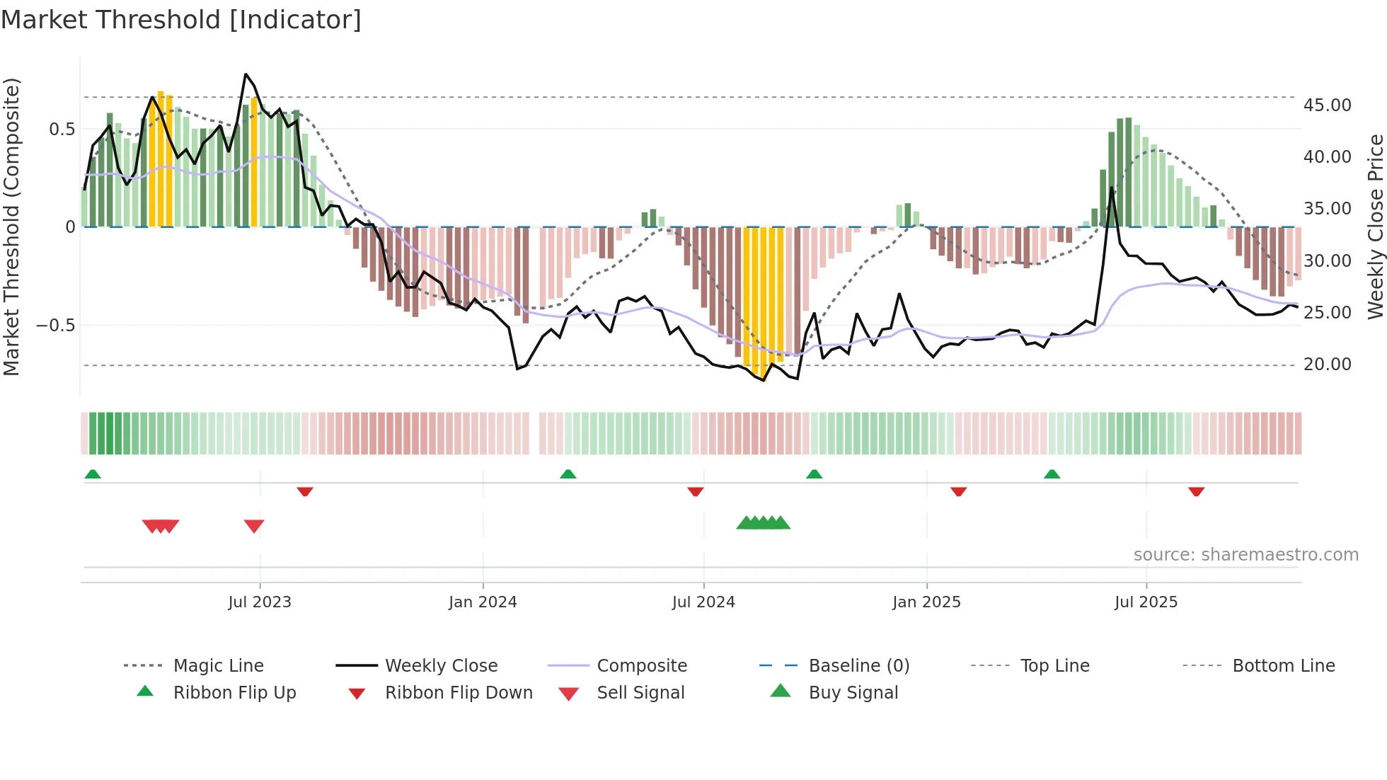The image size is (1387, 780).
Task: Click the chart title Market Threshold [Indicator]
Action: (181, 20)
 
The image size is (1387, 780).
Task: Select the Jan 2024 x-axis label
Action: (483, 602)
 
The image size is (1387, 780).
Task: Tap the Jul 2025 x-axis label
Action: (1146, 602)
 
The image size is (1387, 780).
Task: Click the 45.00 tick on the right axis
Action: (1327, 105)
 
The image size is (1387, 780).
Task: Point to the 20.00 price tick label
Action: (1327, 364)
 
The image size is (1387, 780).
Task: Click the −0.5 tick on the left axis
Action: (55, 325)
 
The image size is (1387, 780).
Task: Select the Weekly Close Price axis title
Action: (1375, 226)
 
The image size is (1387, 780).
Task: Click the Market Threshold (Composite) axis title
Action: (11, 226)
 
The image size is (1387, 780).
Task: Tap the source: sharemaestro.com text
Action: (1245, 554)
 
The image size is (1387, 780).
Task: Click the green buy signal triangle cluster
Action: (763, 523)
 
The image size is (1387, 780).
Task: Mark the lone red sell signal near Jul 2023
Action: (254, 526)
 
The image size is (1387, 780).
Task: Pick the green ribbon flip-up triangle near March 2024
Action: (568, 474)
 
